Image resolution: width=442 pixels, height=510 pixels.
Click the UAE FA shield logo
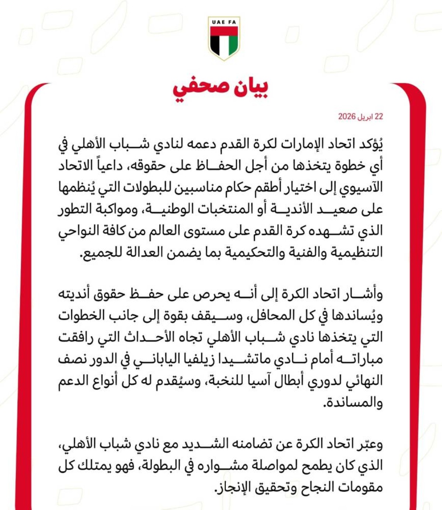tap(224, 38)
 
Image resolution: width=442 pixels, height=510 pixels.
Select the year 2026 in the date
tap(347, 117)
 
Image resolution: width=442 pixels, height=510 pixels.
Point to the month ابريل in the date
tap(365, 117)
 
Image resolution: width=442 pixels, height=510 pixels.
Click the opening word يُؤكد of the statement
tap(369, 144)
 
